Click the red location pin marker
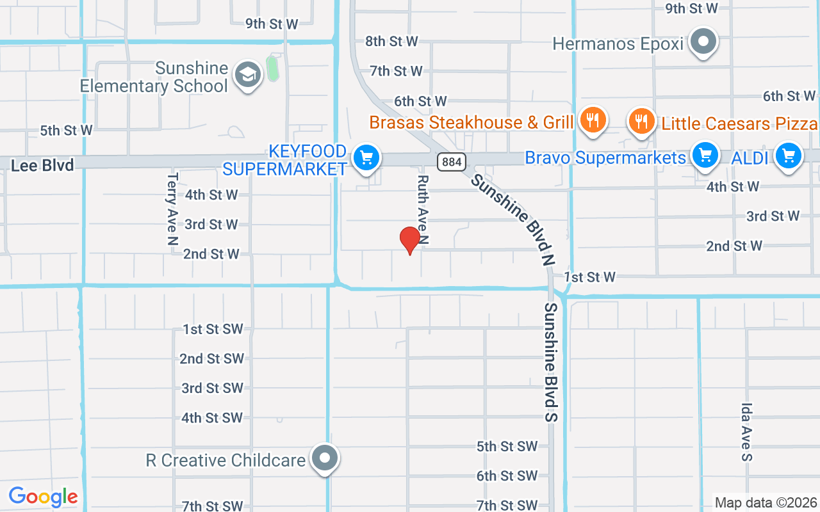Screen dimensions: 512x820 [409, 240]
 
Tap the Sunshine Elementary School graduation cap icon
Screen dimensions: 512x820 [247, 74]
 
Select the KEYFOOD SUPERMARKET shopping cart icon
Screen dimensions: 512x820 [366, 157]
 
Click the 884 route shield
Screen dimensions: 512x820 [452, 162]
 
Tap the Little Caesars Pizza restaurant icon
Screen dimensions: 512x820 [641, 120]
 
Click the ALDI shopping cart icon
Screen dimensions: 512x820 [789, 156]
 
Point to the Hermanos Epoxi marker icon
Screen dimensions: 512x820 [704, 42]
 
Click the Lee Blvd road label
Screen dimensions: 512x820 [42, 165]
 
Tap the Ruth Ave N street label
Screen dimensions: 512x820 [423, 210]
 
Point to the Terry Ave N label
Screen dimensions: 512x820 [172, 209]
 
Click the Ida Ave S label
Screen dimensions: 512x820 [746, 431]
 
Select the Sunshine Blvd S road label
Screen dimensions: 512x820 [552, 362]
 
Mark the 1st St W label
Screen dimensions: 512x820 [589, 277]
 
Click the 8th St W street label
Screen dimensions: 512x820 [391, 42]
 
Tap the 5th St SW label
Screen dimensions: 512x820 [507, 447]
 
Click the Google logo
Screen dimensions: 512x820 [43, 497]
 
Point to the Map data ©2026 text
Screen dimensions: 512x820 [766, 502]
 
